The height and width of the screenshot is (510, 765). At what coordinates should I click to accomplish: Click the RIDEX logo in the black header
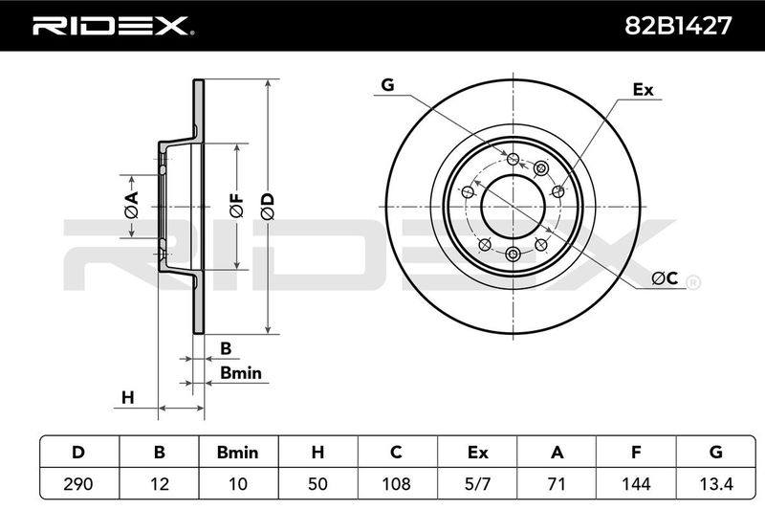click(x=113, y=26)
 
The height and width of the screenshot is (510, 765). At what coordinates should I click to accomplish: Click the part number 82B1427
click(x=678, y=26)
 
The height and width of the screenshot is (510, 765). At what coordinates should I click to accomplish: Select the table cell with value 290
click(x=78, y=483)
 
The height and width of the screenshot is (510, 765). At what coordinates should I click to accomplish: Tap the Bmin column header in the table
click(x=237, y=452)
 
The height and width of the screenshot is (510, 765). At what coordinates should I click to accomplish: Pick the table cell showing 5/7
click(x=477, y=483)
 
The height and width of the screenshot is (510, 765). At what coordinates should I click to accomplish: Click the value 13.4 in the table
click(x=715, y=483)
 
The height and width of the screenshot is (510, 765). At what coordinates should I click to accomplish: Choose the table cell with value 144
click(x=636, y=483)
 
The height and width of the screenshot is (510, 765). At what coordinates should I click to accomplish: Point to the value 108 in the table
click(x=397, y=483)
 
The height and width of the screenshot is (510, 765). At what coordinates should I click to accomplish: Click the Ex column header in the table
click(x=477, y=452)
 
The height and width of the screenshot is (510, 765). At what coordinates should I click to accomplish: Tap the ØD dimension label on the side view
click(x=268, y=207)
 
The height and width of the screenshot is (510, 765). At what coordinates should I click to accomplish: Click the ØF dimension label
click(x=236, y=206)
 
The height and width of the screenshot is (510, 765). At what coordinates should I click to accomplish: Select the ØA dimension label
click(x=131, y=205)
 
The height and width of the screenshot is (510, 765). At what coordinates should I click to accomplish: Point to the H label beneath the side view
click(x=127, y=398)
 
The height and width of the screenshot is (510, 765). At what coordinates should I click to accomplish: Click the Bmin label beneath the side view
click(x=241, y=373)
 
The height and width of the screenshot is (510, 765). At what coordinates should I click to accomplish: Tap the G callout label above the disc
click(x=387, y=85)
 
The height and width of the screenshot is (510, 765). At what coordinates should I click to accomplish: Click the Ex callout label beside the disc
click(x=643, y=90)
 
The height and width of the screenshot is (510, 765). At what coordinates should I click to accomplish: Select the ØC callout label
click(x=665, y=278)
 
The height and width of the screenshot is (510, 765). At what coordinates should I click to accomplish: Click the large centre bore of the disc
click(x=513, y=206)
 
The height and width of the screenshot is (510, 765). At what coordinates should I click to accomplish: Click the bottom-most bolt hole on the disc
click(x=513, y=254)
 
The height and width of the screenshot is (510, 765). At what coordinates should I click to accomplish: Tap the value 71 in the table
click(x=557, y=483)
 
